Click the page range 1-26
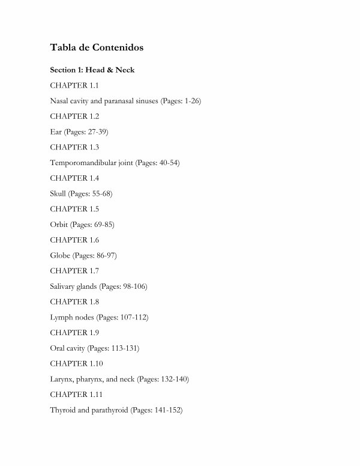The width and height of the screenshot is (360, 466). coord(191,101)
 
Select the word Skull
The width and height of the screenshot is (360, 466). coord(59,194)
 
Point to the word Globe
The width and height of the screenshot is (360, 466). coord(61,256)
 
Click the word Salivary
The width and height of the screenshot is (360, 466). coord(64,286)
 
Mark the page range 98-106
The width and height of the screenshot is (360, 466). coord(134,286)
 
